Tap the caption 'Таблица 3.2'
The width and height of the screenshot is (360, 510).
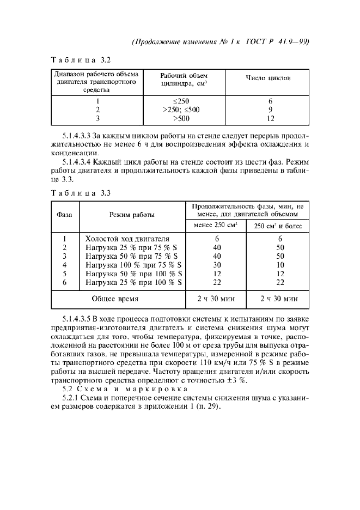click(x=81, y=59)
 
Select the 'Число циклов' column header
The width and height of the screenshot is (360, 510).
click(x=269, y=78)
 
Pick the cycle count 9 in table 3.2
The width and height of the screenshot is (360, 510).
click(x=270, y=110)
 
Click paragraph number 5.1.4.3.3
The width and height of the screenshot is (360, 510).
click(x=76, y=135)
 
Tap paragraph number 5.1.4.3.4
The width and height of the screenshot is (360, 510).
click(x=76, y=161)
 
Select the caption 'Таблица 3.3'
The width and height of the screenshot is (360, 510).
click(x=81, y=192)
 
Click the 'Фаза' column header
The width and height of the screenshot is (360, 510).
click(x=65, y=215)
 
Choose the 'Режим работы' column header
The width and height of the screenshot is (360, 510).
click(x=132, y=215)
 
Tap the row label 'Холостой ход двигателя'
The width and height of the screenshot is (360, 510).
click(x=127, y=239)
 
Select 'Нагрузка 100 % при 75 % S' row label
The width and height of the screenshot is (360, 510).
click(x=133, y=265)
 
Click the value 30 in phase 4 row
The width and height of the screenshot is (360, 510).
click(x=217, y=265)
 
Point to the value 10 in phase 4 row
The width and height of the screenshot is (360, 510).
click(x=280, y=265)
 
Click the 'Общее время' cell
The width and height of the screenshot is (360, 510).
click(x=115, y=299)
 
